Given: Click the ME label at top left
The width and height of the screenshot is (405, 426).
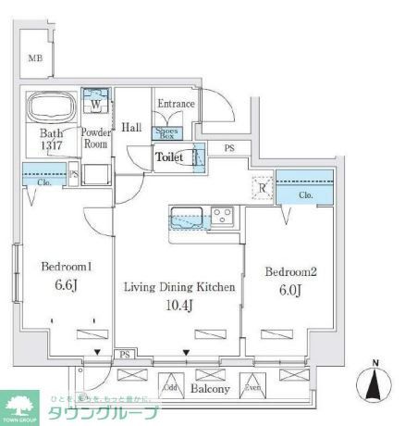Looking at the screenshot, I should click(34, 57).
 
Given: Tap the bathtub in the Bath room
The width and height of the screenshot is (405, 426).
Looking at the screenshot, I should click(52, 109).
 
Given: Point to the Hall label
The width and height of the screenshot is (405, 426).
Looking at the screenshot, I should click(132, 127).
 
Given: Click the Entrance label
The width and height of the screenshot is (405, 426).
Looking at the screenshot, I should click(176, 104).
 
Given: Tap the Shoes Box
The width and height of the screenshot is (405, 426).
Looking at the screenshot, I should click(173, 132).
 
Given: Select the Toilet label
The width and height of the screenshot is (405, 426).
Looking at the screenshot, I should click(169, 157).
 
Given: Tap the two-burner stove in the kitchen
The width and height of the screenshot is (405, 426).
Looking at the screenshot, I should click(223, 217).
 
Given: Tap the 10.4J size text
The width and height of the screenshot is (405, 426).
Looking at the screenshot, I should click(179, 307).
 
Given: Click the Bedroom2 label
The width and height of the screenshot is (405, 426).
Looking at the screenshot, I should click(291, 272).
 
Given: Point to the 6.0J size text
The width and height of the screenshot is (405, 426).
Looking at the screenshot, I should click(291, 292).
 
